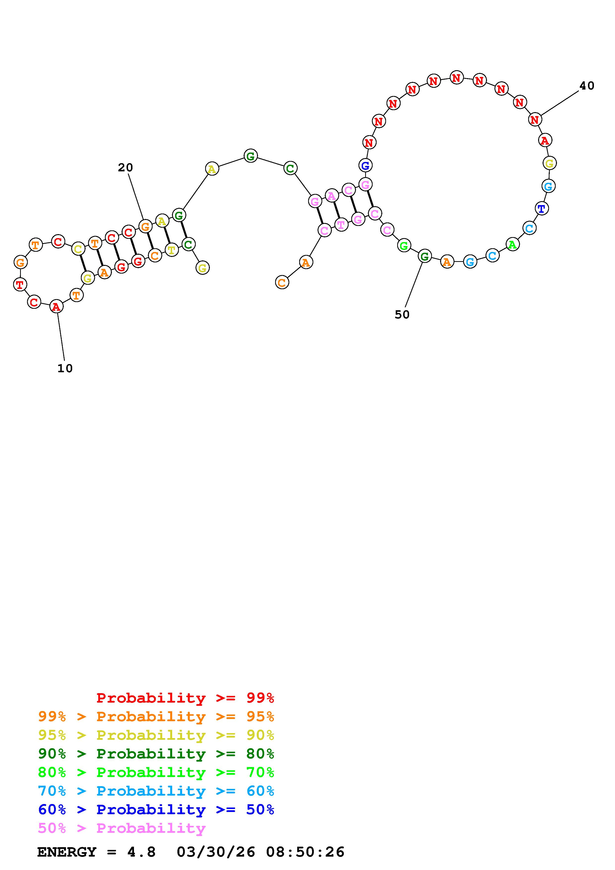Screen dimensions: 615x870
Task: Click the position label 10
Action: coord(65,368)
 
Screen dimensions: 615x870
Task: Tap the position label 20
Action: coord(126,167)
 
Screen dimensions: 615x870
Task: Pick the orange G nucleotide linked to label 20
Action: coord(145,227)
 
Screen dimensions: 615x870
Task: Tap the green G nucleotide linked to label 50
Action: coord(425,256)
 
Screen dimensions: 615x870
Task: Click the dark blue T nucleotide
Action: coord(542,208)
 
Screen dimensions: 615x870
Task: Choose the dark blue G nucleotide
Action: coord(365,165)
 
